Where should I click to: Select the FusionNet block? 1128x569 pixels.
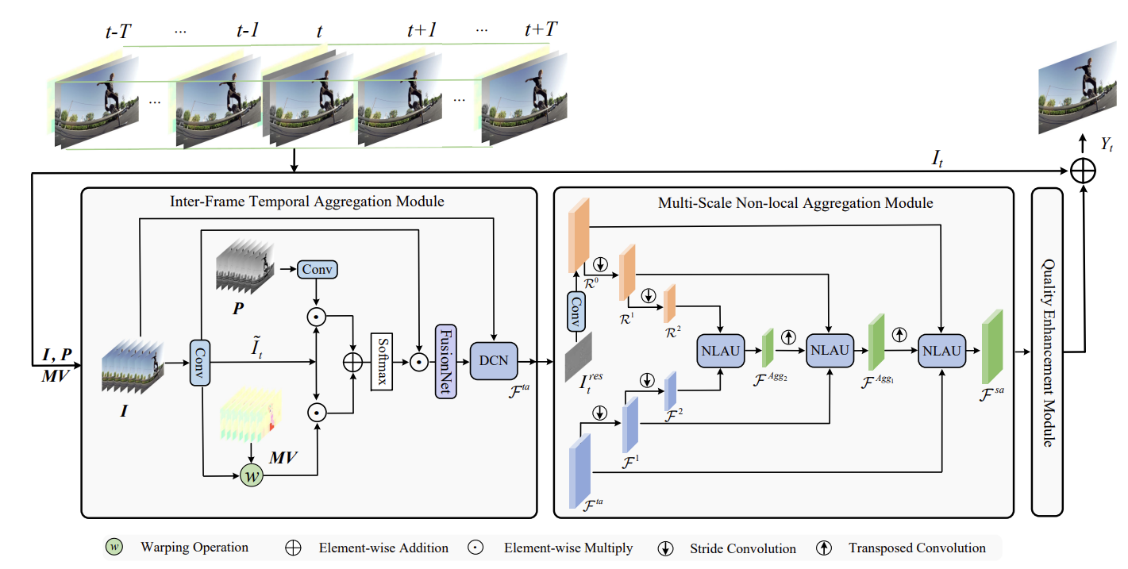445,361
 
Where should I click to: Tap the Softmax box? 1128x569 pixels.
383,361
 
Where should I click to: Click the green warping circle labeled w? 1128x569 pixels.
251,476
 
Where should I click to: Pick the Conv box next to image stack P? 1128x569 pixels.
318,270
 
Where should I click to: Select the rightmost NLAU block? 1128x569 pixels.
941,350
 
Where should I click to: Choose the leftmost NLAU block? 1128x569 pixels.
720,350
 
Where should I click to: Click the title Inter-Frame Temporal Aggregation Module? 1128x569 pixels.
307,202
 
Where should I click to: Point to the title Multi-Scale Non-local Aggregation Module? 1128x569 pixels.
795,203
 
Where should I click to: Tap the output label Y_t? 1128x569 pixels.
1107,144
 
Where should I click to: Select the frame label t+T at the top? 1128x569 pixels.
541,30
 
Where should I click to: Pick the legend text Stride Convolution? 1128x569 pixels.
743,548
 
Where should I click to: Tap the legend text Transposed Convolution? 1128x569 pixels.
917,548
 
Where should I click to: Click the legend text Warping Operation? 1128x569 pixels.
194,547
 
